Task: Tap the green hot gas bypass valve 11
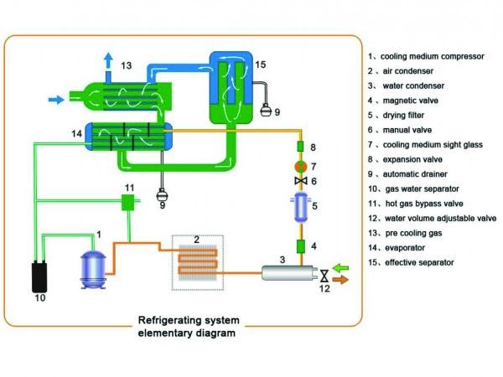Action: (x=128, y=202)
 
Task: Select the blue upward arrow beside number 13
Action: (x=108, y=60)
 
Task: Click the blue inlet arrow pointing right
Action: (x=55, y=100)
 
